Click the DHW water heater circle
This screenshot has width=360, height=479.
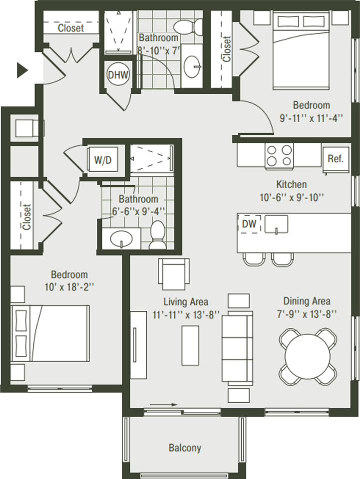coord(118,74)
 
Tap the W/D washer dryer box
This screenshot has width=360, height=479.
coord(103,160)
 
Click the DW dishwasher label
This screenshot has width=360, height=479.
coord(249,224)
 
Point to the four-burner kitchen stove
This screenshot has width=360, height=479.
coord(279,156)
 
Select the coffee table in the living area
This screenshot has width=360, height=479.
coord(190,345)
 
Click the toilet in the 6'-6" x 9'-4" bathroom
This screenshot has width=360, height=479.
coord(157,235)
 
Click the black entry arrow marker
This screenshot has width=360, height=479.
coord(22,70)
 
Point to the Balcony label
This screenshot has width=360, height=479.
coord(185,448)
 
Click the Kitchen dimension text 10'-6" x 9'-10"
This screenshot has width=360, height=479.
coord(292,198)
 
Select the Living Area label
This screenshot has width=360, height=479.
coord(186,302)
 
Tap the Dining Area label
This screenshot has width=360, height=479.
coord(307,301)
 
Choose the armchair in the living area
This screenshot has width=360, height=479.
coord(174,274)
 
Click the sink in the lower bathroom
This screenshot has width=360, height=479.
coord(121,239)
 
